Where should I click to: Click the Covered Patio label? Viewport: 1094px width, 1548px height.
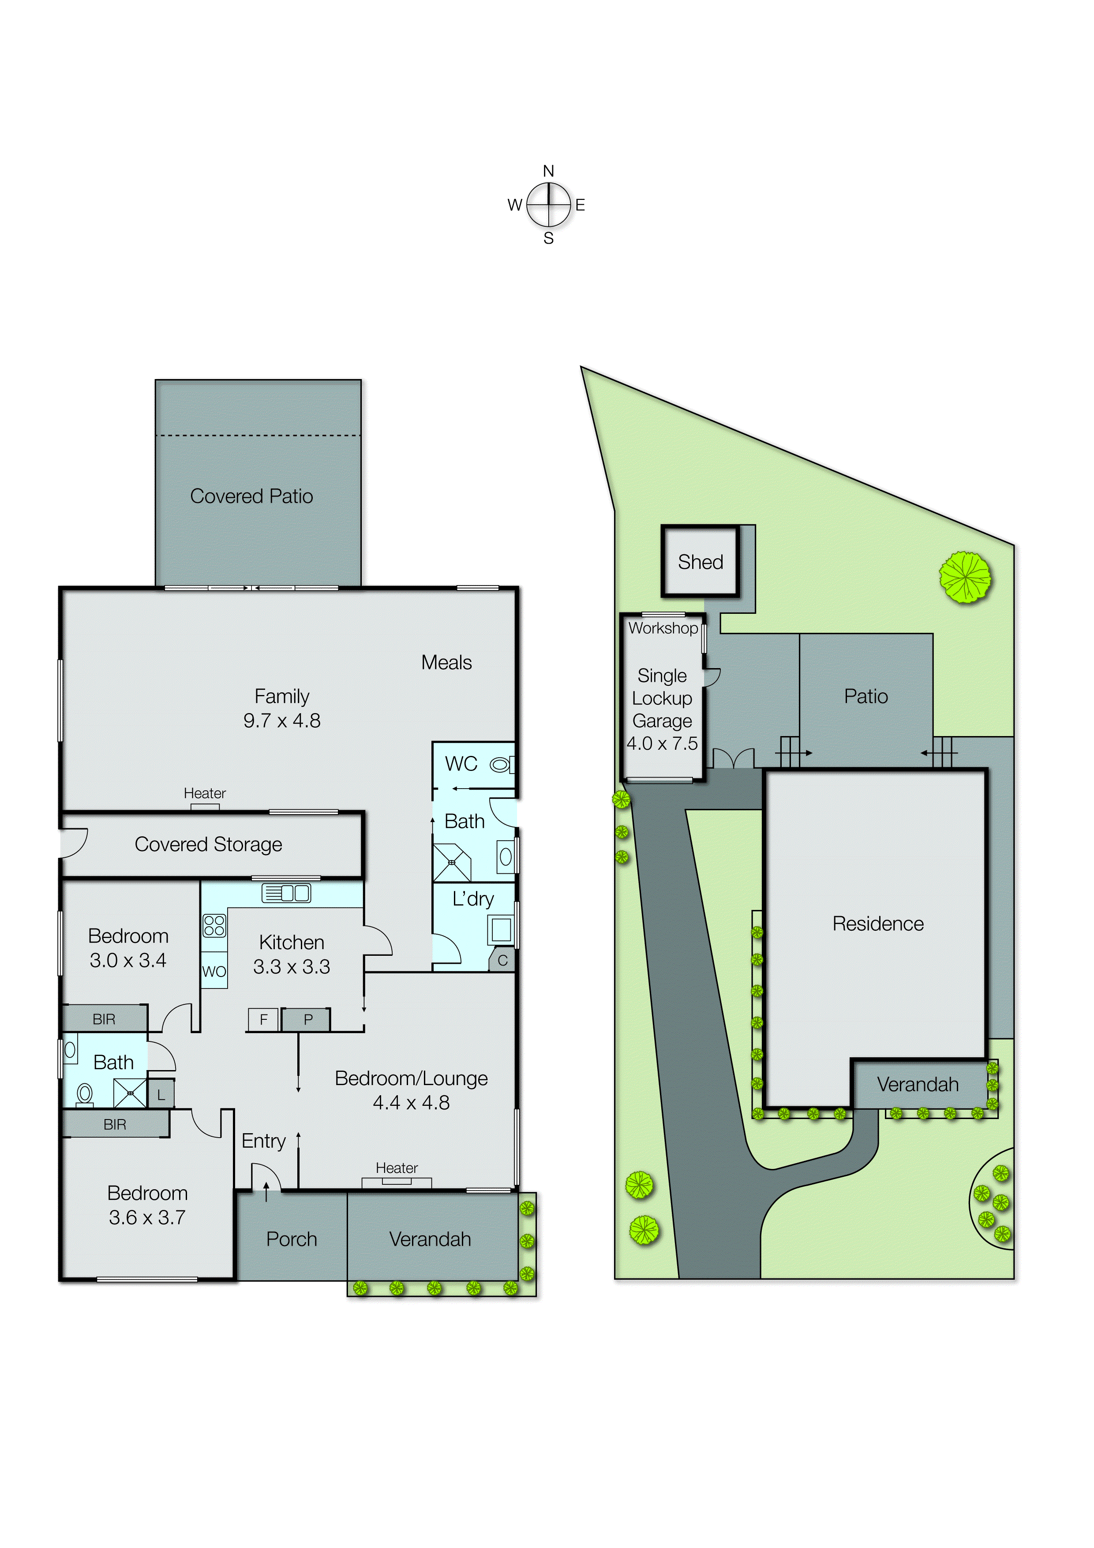tap(251, 496)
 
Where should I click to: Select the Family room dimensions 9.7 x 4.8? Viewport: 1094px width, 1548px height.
tap(282, 721)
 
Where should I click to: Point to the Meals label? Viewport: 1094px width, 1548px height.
tap(446, 663)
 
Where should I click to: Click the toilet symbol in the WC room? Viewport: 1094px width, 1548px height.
tap(500, 765)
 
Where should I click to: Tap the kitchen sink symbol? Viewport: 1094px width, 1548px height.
tap(286, 893)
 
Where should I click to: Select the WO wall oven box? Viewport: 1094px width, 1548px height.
tap(214, 972)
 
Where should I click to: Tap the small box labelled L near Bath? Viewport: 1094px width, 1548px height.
tap(161, 1096)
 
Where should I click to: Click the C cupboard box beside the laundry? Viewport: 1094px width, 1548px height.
tap(502, 961)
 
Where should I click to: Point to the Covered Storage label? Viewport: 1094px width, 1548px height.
tap(208, 844)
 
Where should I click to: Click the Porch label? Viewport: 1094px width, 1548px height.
tap(291, 1239)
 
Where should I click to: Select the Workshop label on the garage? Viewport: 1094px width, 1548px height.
tap(663, 628)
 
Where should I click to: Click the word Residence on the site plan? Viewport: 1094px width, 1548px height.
tap(878, 924)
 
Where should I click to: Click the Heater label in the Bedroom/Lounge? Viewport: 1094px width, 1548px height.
tap(396, 1168)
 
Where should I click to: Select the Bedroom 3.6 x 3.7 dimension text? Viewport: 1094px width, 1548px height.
tap(147, 1217)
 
